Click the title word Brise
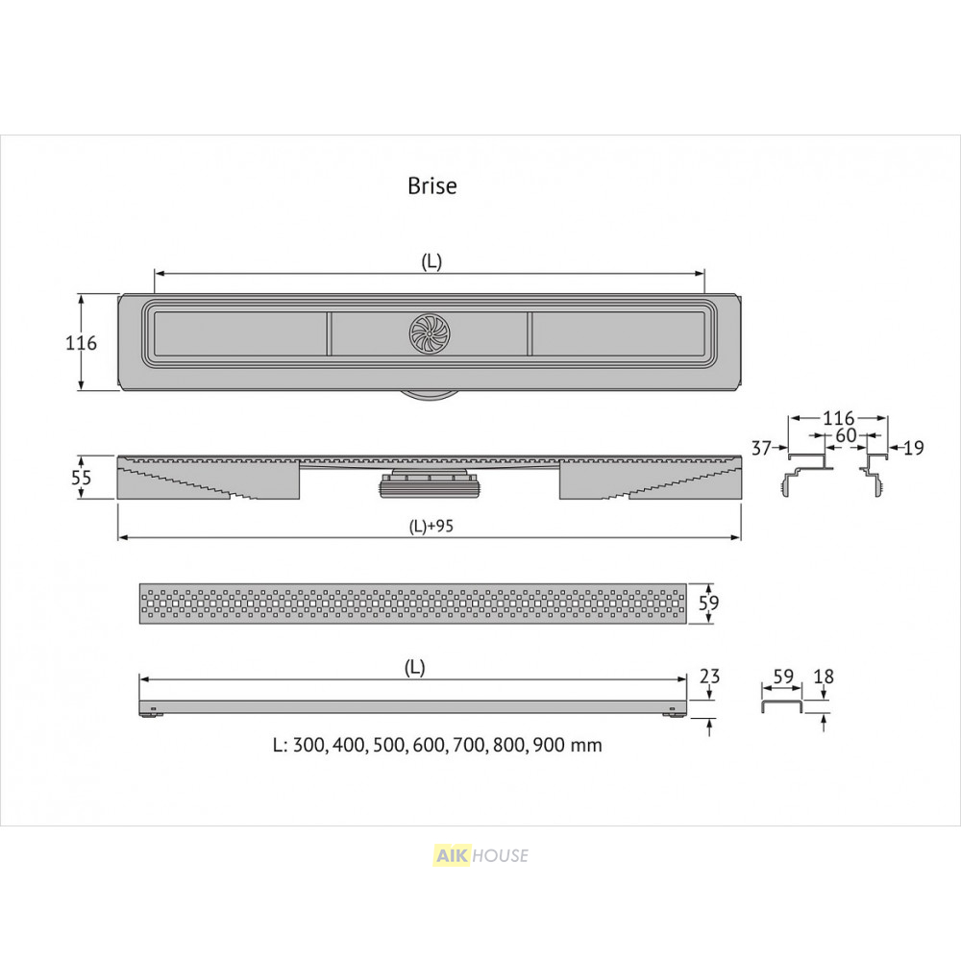(x=432, y=185)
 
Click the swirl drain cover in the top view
(x=430, y=333)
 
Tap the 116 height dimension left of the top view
(x=81, y=343)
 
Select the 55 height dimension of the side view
(x=81, y=477)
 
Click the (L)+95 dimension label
(x=431, y=526)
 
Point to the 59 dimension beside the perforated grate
(x=708, y=604)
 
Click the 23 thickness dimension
(x=709, y=676)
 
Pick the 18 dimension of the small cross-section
(x=824, y=677)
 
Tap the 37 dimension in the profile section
(x=761, y=448)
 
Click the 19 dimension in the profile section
(x=913, y=448)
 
